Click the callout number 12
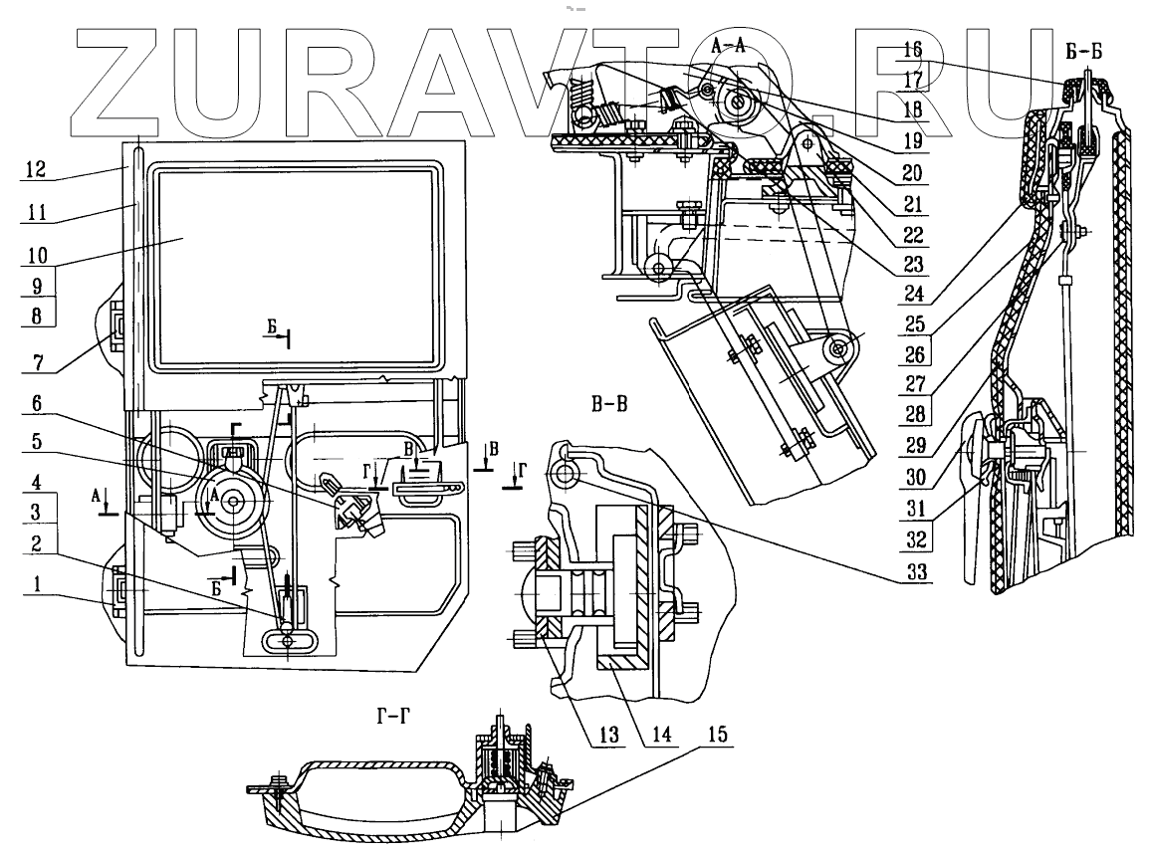click(x=38, y=172)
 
